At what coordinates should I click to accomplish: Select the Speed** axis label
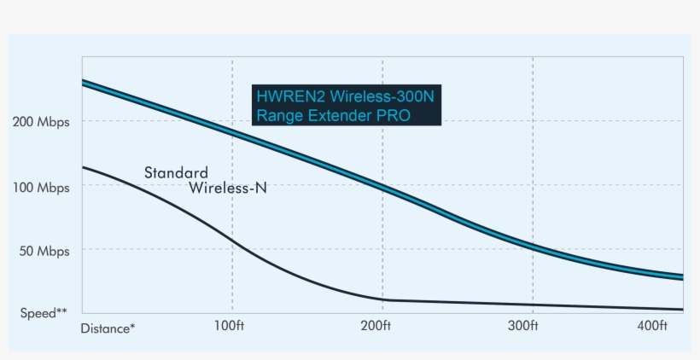click(44, 313)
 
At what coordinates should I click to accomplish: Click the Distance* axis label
click(108, 328)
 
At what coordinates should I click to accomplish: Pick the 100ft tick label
click(230, 325)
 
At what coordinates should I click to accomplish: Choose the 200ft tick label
click(376, 325)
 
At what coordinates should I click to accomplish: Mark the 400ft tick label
click(652, 325)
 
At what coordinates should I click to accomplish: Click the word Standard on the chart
click(176, 173)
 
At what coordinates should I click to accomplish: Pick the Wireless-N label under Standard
click(228, 188)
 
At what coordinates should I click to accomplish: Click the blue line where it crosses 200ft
click(382, 186)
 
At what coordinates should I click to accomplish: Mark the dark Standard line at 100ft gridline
click(232, 242)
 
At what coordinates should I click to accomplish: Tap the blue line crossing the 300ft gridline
click(533, 247)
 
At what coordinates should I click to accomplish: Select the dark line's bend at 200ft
click(382, 299)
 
